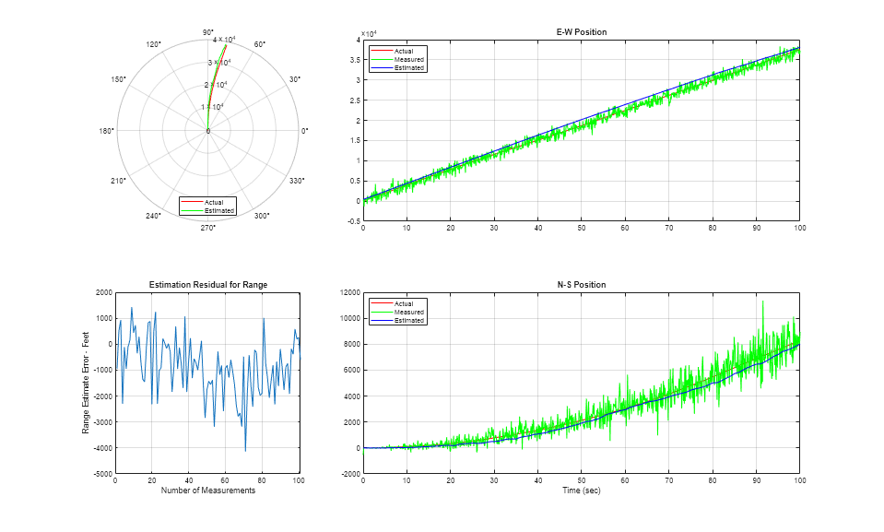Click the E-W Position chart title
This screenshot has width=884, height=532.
click(x=581, y=32)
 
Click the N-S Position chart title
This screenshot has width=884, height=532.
click(x=581, y=284)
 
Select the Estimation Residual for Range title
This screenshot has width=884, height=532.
click(x=207, y=285)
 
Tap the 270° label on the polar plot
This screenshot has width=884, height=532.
click(x=208, y=228)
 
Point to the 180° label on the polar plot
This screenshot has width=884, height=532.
click(x=107, y=131)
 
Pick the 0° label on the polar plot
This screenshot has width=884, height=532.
click(x=305, y=131)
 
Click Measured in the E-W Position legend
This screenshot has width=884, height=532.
click(x=408, y=59)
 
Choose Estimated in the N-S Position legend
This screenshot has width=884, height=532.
click(x=409, y=320)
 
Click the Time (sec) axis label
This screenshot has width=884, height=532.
click(x=581, y=491)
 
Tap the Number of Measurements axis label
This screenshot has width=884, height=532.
click(x=207, y=491)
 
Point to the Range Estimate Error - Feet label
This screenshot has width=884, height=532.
click(x=86, y=384)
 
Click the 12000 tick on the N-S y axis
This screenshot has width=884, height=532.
click(x=348, y=292)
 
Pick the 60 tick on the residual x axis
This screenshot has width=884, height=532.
click(x=226, y=481)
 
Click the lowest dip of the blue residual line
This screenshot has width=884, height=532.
click(x=245, y=450)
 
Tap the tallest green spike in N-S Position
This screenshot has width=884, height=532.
click(x=762, y=301)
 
